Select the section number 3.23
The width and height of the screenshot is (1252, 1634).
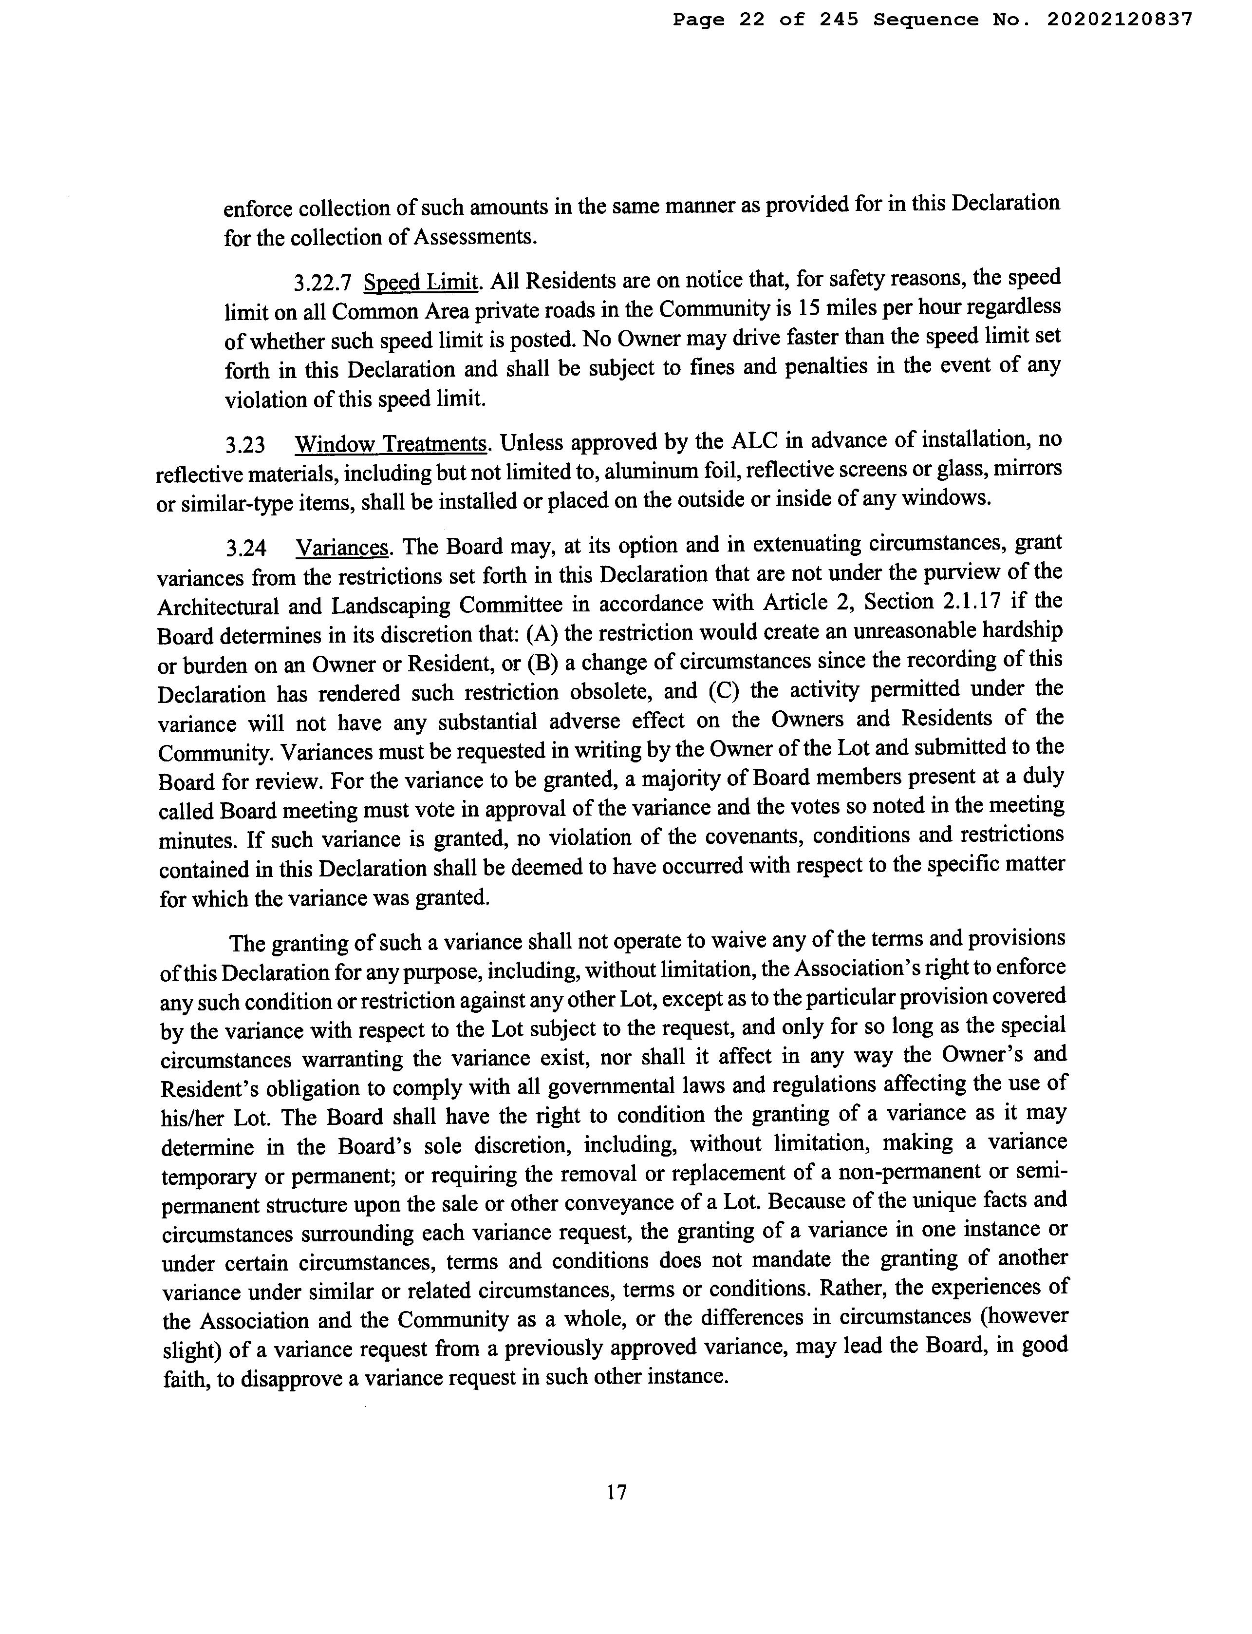click(x=245, y=446)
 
